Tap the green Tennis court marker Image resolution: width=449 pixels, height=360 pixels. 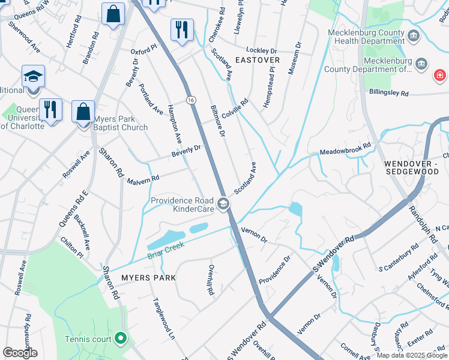pyautogui.click(x=120, y=339)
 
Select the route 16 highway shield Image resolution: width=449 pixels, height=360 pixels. pyautogui.click(x=190, y=99)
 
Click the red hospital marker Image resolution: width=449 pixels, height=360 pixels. pyautogui.click(x=440, y=76)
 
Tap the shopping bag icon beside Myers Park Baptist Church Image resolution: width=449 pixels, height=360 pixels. pyautogui.click(x=83, y=112)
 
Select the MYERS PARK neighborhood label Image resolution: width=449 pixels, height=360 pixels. pyautogui.click(x=148, y=278)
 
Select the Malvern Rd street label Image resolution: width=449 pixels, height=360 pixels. pyautogui.click(x=143, y=179)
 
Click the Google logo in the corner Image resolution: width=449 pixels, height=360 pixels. pyautogui.click(x=20, y=353)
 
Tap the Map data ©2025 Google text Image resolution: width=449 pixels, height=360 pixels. pyautogui.click(x=412, y=355)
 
